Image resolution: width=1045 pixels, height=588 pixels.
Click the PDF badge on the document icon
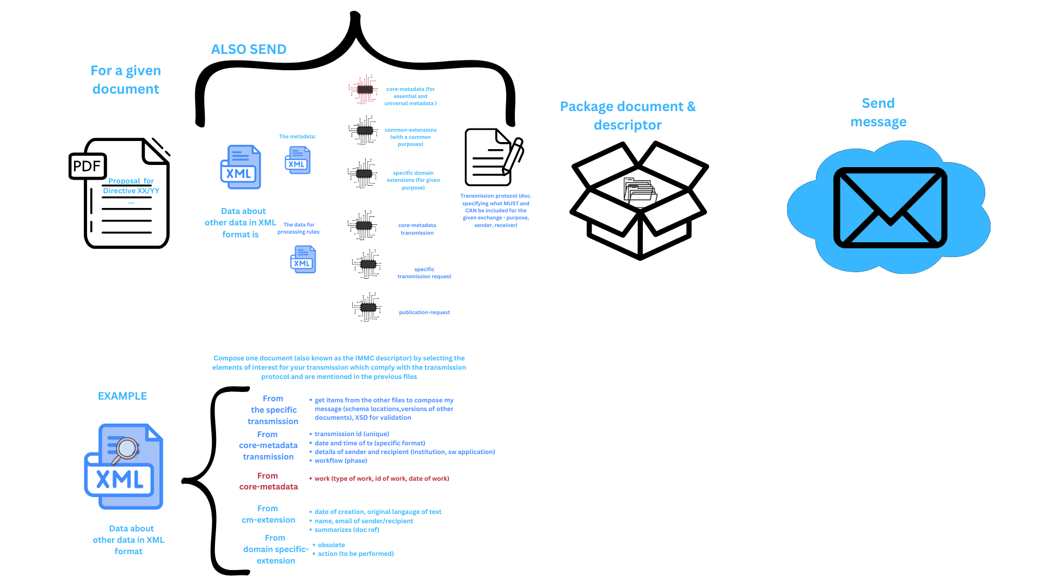(x=87, y=166)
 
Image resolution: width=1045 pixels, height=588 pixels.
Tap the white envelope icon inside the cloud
(x=890, y=207)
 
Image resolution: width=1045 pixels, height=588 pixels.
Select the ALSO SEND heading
(x=249, y=50)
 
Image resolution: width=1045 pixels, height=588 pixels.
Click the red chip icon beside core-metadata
(x=364, y=89)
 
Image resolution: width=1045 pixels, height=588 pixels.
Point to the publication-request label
(x=424, y=313)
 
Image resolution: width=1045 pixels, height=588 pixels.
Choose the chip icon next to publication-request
(x=367, y=307)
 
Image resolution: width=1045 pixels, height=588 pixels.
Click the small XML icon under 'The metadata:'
(x=298, y=161)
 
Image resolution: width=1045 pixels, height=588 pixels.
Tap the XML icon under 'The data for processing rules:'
(x=303, y=260)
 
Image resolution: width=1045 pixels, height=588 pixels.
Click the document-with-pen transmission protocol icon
(x=493, y=157)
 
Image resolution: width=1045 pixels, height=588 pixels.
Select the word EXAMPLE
(x=122, y=396)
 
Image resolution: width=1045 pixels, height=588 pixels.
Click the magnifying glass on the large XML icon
(x=126, y=449)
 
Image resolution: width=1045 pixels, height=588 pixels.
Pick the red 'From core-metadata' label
(x=268, y=481)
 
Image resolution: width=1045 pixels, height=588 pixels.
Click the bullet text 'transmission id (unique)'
(x=352, y=434)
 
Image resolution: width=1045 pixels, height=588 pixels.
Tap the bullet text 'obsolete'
(x=331, y=545)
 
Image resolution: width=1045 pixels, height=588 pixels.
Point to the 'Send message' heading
(x=878, y=112)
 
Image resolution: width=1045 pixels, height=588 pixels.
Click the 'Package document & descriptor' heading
(x=628, y=115)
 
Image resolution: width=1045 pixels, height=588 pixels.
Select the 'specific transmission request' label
(x=424, y=273)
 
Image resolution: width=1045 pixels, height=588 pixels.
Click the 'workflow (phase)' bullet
(x=341, y=461)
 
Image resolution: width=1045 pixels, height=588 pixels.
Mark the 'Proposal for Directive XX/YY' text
(x=131, y=186)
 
